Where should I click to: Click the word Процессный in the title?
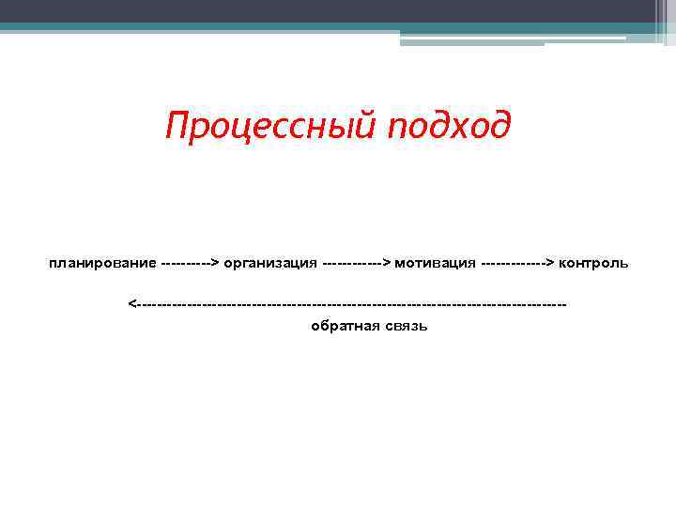(269, 124)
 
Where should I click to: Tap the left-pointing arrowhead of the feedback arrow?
(132, 304)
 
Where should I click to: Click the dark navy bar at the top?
(338, 10)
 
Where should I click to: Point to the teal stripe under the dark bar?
(188, 27)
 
